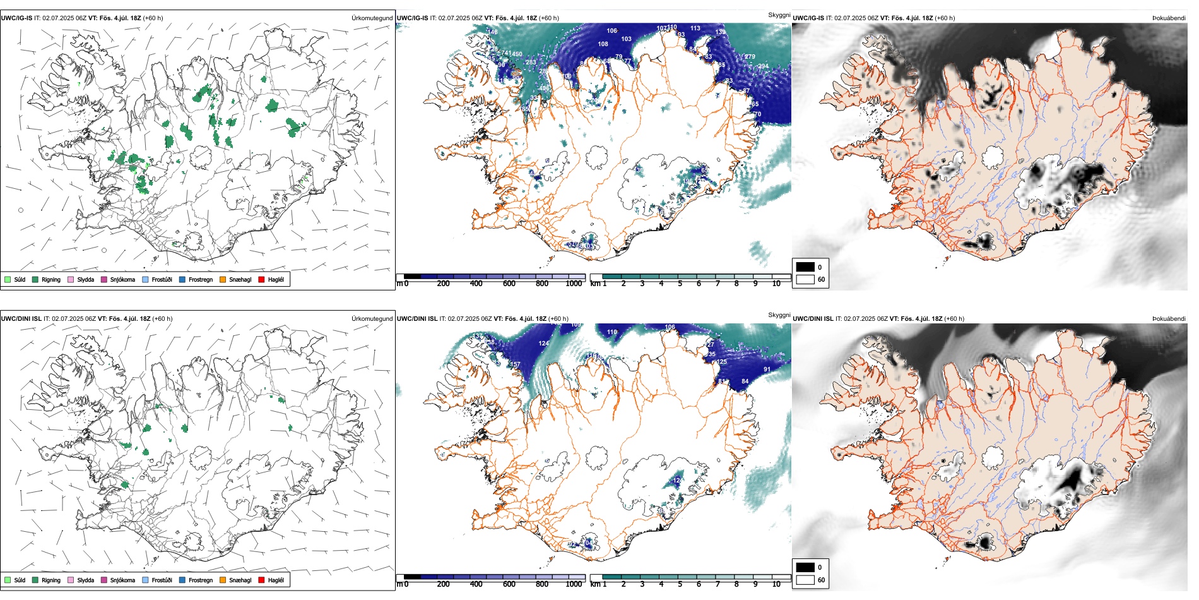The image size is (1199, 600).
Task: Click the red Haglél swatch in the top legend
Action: pos(261,279)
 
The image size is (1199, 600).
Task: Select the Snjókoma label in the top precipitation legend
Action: pos(122,279)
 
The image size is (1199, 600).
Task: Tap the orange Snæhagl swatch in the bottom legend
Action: pos(223,580)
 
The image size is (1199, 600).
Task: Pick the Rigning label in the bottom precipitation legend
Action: pos(51,580)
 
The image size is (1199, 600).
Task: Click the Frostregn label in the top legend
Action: pos(201,279)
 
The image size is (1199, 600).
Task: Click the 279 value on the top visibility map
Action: pos(750,57)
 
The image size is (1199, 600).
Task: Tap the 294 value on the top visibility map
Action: pos(763,66)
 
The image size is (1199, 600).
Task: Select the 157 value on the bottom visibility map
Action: pos(515,364)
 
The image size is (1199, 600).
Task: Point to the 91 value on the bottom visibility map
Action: pos(767,369)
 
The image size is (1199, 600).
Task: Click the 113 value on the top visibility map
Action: pos(695,28)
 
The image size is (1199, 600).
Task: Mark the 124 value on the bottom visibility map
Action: pos(543,344)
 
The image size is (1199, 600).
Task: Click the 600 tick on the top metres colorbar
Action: pos(509,284)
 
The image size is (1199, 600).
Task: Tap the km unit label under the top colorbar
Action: pos(594,284)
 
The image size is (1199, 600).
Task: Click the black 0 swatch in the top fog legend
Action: pos(805,267)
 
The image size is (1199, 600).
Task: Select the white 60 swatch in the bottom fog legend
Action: pos(805,580)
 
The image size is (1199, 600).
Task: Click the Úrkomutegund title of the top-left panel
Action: pos(372,18)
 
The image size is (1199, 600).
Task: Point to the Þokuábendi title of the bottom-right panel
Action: pos(1169,319)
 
